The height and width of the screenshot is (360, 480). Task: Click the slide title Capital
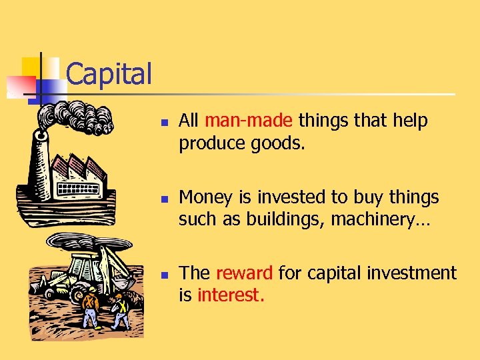click(109, 74)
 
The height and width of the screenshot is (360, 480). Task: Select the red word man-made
click(248, 121)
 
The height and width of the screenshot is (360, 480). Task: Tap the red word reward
click(243, 273)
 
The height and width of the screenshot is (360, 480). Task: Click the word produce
click(211, 143)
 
